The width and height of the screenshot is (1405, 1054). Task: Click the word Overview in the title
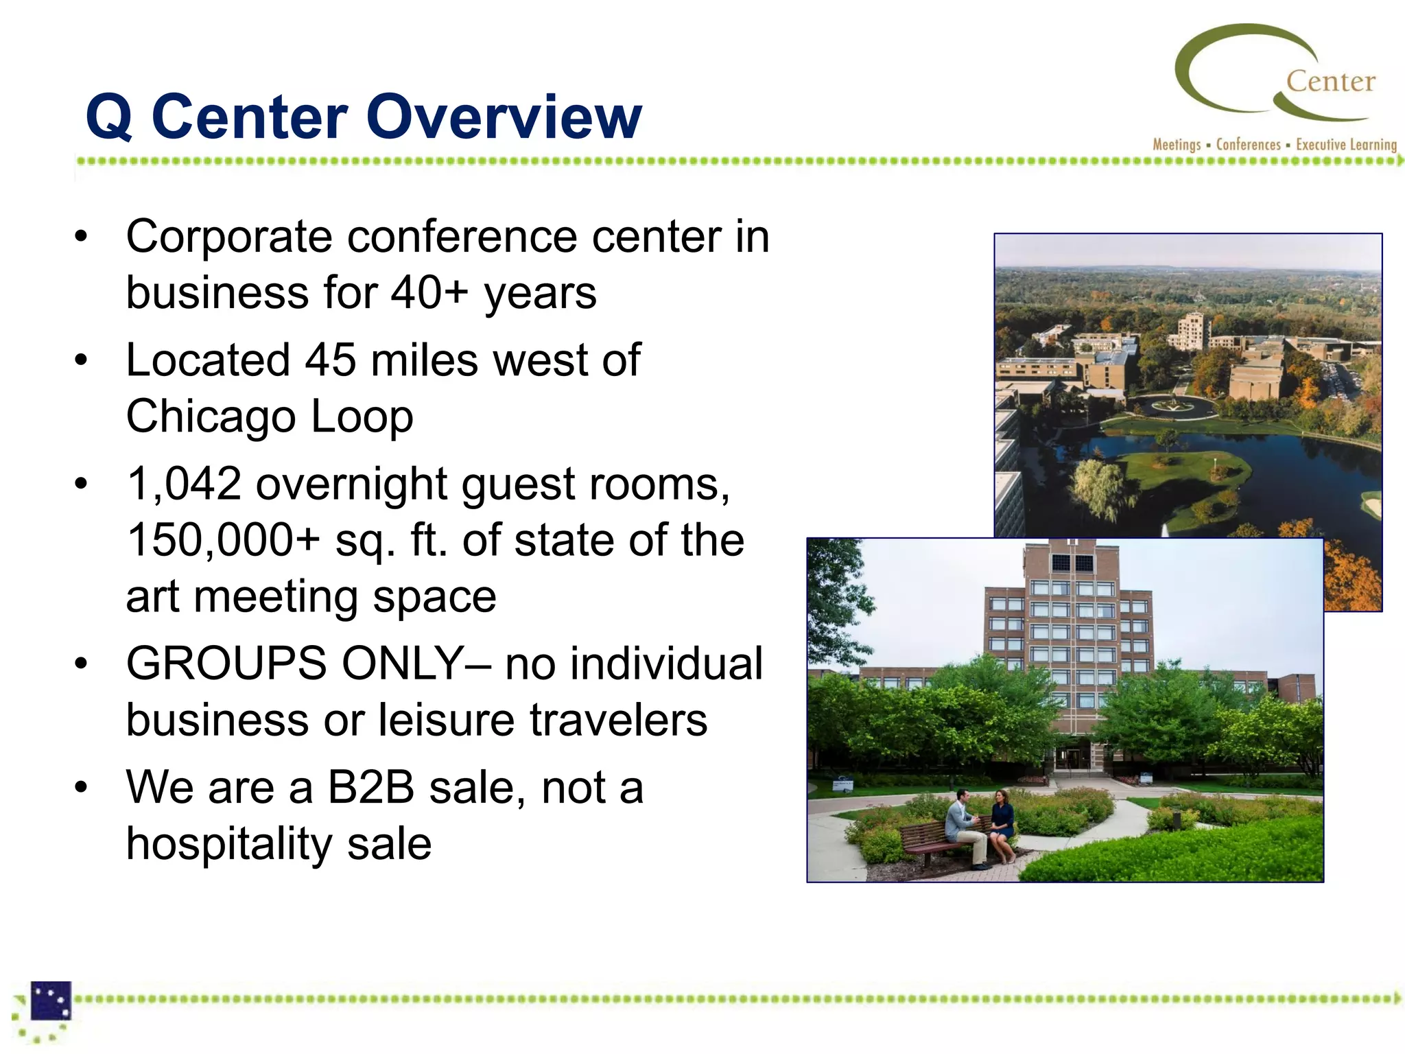click(504, 117)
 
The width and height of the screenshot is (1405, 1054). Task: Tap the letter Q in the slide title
click(109, 118)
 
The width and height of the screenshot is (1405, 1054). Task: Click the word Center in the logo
click(1330, 82)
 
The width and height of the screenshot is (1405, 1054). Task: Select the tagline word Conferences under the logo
click(1248, 145)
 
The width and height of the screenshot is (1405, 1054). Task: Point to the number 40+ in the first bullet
click(429, 293)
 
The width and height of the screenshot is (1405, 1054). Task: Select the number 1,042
click(185, 484)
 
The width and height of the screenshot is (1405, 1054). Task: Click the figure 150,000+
click(224, 540)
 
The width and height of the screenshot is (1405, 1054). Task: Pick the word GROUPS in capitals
click(227, 664)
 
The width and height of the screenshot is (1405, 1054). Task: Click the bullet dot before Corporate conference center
click(82, 237)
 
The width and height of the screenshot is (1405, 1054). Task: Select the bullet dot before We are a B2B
click(82, 788)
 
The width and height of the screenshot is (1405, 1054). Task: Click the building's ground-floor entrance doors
click(1070, 758)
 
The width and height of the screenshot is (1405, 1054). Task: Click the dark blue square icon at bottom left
click(51, 1000)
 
